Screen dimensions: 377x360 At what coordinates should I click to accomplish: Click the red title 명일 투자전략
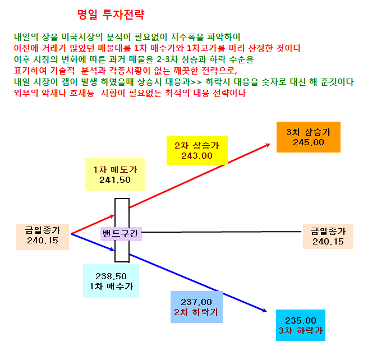tap(111, 15)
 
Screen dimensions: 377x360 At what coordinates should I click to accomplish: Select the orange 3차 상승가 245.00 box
tap(309, 137)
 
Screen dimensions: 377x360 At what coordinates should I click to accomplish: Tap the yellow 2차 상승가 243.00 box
tap(197, 150)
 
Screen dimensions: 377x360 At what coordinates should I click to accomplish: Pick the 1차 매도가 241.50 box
tap(115, 174)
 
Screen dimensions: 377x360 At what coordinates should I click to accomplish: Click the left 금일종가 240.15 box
tap(43, 237)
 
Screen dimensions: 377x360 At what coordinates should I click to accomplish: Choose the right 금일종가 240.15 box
tap(328, 236)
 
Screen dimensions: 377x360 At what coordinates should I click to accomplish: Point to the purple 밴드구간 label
tap(121, 234)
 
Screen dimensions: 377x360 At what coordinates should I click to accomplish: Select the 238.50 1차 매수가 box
tap(111, 281)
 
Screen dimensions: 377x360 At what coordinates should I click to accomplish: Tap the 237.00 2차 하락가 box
tap(197, 307)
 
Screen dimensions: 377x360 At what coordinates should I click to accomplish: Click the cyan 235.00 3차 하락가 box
tap(301, 325)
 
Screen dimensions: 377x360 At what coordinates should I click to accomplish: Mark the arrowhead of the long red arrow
tap(269, 144)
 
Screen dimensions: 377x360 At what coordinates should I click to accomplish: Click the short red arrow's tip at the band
tap(114, 215)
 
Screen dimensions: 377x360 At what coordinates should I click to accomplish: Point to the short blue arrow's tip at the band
tap(114, 250)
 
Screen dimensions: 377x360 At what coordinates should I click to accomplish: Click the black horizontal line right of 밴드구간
tap(222, 232)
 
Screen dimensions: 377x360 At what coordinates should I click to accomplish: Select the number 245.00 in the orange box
tap(309, 142)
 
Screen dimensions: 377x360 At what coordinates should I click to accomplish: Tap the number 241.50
tap(115, 180)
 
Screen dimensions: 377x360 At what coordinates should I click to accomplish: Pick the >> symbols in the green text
tap(196, 82)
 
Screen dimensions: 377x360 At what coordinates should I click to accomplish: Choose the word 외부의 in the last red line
tap(25, 93)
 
